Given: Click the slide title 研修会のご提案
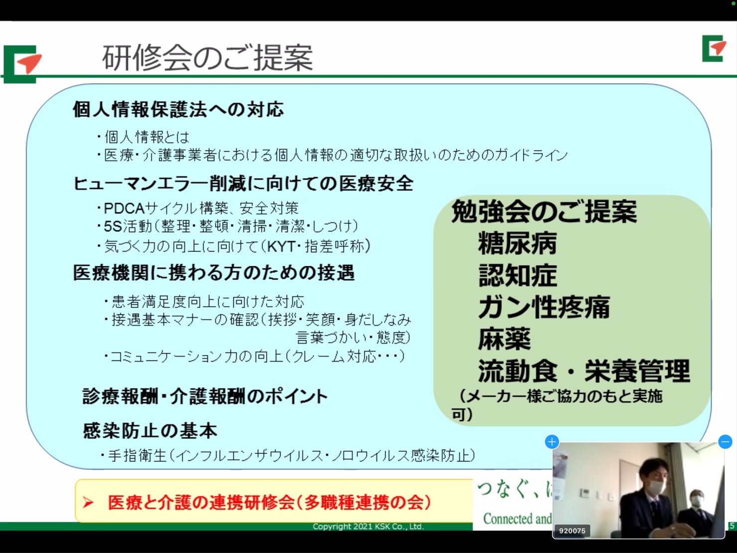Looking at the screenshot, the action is (207, 58).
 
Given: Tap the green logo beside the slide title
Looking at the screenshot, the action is (22, 64).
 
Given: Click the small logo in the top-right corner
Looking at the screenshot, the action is (714, 48).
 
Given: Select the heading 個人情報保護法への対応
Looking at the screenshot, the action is (178, 110).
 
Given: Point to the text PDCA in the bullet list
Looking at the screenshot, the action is (124, 208).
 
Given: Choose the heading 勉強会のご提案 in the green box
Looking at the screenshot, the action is (544, 211).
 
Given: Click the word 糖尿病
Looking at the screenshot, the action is (517, 243).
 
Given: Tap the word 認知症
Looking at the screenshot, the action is (517, 275).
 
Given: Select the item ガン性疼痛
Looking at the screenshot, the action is (544, 307).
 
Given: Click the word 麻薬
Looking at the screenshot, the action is (504, 339).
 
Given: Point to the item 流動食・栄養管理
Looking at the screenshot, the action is (584, 371).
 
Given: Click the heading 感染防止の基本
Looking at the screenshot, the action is (150, 431).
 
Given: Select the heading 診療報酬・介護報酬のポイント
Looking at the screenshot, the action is (205, 396).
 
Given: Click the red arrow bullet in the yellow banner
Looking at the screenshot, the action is (88, 502).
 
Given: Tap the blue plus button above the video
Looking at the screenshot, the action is (552, 442).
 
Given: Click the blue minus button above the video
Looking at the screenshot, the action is (725, 442).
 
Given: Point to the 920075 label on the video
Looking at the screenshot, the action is (572, 531).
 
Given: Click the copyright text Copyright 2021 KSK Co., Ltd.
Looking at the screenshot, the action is (368, 526).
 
